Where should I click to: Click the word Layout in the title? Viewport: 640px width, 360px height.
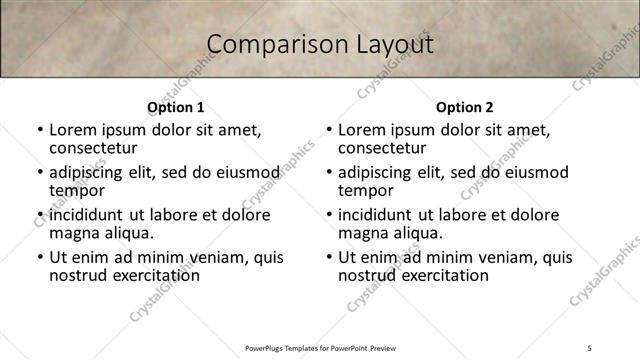[389, 44]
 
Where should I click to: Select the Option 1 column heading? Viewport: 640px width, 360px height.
[176, 107]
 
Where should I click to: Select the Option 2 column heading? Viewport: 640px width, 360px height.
[464, 107]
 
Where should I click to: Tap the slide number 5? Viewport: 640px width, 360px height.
[590, 348]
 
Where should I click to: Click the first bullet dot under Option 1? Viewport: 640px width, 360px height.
[40, 131]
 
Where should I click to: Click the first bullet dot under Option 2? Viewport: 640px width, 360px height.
[329, 131]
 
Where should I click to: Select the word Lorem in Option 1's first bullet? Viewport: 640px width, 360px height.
[71, 130]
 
